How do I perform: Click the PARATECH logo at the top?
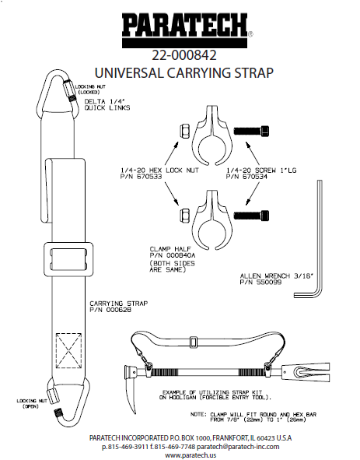[x=186, y=31]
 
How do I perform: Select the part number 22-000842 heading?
[x=184, y=55]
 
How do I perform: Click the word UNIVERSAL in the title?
[x=129, y=72]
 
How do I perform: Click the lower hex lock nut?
[x=185, y=215]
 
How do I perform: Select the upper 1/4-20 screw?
[x=251, y=130]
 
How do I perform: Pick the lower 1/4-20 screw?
[x=251, y=216]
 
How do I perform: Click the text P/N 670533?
[x=142, y=177]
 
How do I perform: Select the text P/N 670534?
[x=246, y=177]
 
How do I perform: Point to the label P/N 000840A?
[x=173, y=255]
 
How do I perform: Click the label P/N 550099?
[x=260, y=283]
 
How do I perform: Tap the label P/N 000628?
[x=110, y=310]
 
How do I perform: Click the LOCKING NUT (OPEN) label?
[x=32, y=404]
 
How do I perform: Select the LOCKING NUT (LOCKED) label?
[x=90, y=90]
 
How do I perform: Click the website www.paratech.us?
[x=190, y=455]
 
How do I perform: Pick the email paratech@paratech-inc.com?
[x=238, y=447]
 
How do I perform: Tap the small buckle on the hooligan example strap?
[x=193, y=342]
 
